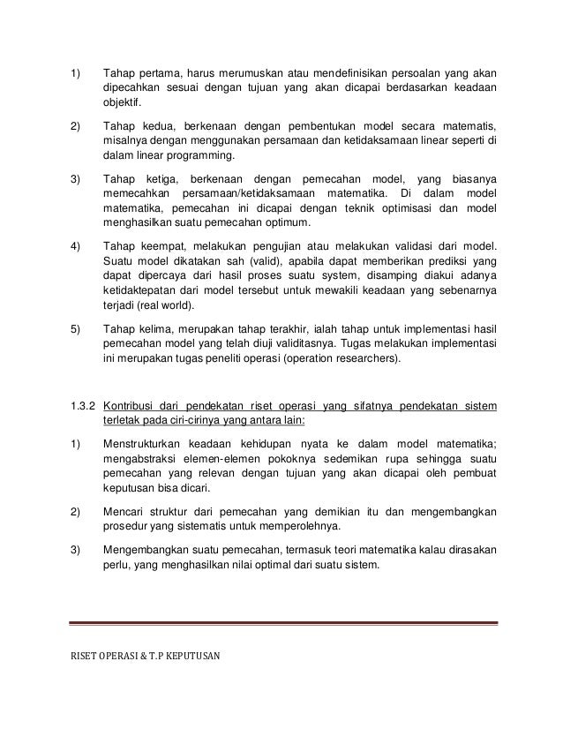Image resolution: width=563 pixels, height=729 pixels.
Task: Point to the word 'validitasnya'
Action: point(309,342)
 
